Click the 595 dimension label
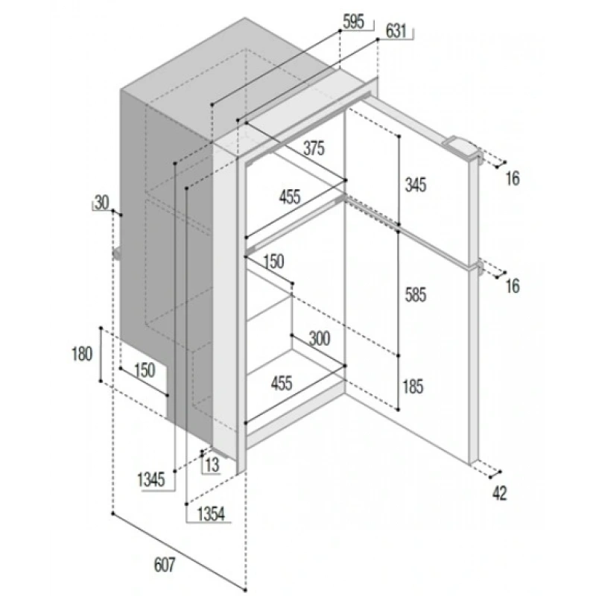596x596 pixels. [353, 22]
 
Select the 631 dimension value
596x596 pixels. [396, 31]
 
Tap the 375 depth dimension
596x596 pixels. [314, 148]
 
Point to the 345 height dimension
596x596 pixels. [416, 185]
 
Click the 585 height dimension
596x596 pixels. [416, 295]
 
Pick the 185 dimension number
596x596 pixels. [413, 387]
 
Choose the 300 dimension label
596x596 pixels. [320, 338]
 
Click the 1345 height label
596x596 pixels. [151, 480]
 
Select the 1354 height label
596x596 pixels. [212, 514]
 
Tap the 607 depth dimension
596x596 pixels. [165, 565]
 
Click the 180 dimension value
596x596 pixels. [82, 354]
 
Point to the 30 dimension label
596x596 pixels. [101, 203]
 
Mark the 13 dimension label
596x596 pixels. [212, 464]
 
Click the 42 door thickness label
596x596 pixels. [499, 493]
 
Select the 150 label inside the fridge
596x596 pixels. [273, 261]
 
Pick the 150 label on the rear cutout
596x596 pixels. [145, 370]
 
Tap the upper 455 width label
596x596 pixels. [290, 197]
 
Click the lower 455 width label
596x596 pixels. [282, 383]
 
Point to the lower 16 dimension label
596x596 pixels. [513, 286]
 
